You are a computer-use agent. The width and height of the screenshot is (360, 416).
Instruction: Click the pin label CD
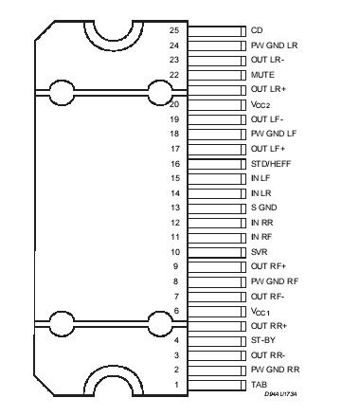pyautogui.click(x=257, y=30)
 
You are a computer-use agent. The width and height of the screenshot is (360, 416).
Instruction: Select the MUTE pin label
pyautogui.click(x=262, y=74)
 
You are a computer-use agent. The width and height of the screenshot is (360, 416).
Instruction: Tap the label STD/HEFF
pyautogui.click(x=269, y=163)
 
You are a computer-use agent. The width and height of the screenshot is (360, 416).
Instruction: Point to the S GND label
pyautogui.click(x=264, y=208)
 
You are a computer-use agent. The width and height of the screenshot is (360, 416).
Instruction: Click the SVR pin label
pyautogui.click(x=260, y=252)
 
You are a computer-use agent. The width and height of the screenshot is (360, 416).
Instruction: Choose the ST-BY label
pyautogui.click(x=262, y=340)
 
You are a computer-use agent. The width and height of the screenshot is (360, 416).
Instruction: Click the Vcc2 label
pyautogui.click(x=261, y=104)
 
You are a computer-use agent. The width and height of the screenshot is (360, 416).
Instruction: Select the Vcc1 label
pyautogui.click(x=261, y=311)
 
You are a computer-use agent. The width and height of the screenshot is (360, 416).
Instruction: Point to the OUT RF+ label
pyautogui.click(x=268, y=266)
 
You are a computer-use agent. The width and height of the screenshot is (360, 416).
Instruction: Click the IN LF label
pyautogui.click(x=261, y=178)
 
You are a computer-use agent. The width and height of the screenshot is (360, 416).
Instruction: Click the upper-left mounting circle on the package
pyautogui.click(x=62, y=93)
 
